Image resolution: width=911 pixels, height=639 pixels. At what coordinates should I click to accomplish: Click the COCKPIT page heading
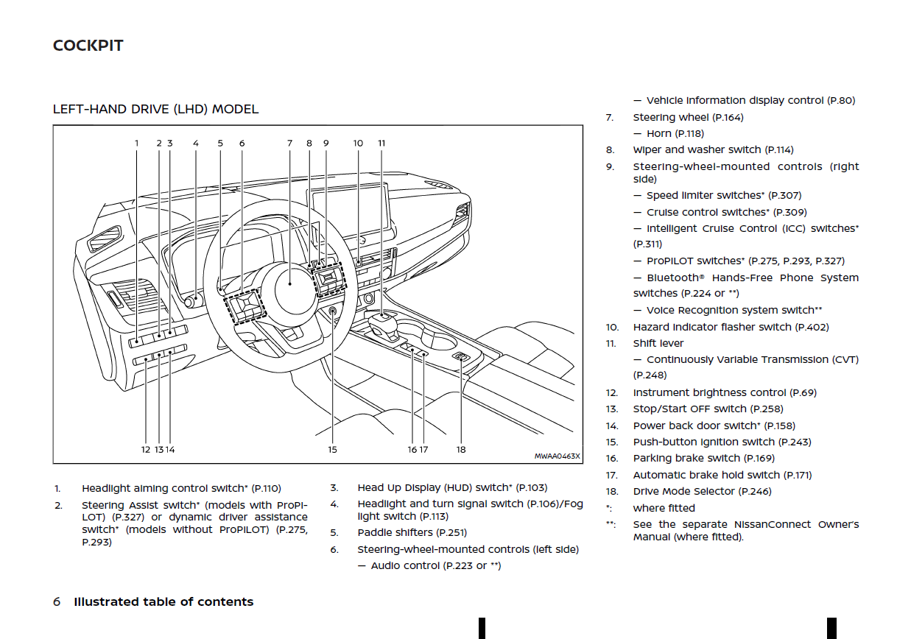click(x=88, y=46)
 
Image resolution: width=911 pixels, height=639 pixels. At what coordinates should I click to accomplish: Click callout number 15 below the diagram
click(x=332, y=450)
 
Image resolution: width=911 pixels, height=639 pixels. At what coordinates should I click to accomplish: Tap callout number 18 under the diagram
click(x=461, y=450)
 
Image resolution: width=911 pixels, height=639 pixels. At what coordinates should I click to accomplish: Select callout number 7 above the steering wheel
click(x=289, y=144)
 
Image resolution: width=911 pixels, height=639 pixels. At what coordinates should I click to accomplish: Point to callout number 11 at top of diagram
click(x=381, y=144)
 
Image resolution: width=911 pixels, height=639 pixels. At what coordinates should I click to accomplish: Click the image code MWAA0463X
click(x=557, y=456)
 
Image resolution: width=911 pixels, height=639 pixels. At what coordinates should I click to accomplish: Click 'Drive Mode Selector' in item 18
click(x=683, y=491)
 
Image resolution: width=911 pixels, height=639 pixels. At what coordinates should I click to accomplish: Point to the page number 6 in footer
click(x=57, y=601)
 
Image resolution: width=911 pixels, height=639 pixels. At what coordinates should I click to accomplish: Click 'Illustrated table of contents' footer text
click(x=163, y=601)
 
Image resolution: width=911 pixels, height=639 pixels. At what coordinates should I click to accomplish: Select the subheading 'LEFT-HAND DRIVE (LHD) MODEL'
click(x=155, y=109)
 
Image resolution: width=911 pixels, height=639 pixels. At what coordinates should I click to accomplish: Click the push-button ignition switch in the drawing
click(x=333, y=311)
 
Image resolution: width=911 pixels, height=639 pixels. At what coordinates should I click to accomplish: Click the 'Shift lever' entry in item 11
click(x=658, y=343)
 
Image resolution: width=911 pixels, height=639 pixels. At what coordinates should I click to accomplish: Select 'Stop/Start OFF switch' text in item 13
click(x=689, y=409)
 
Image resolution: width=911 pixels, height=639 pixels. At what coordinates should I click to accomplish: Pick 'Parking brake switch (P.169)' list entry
click(x=703, y=458)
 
